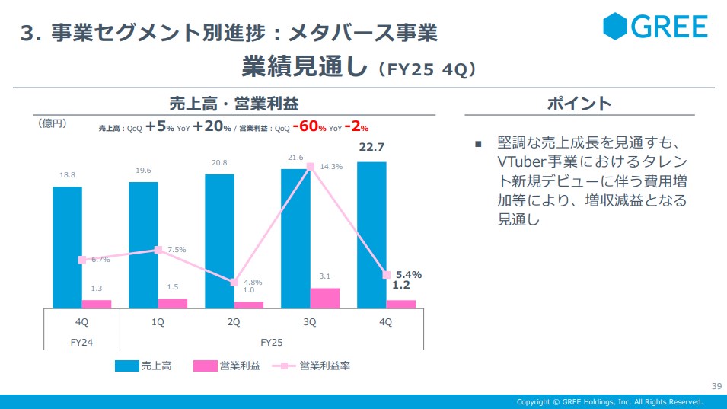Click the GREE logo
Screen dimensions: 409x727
pyautogui.click(x=655, y=27)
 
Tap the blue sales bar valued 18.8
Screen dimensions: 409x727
pyautogui.click(x=67, y=247)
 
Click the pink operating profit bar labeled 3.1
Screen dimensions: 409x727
pyautogui.click(x=324, y=298)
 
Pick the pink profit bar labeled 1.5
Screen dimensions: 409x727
pyautogui.click(x=173, y=303)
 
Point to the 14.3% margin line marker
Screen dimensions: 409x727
pyautogui.click(x=311, y=166)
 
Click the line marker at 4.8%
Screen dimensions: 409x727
pyautogui.click(x=234, y=283)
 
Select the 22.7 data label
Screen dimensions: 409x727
pyautogui.click(x=371, y=148)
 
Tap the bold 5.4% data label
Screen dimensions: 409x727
pyautogui.click(x=409, y=274)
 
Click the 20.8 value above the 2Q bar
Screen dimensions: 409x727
pyautogui.click(x=219, y=162)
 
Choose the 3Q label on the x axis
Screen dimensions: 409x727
pyautogui.click(x=310, y=322)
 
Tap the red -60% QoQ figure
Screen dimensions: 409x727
pyautogui.click(x=311, y=127)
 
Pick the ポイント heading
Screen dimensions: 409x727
pyautogui.click(x=579, y=104)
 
